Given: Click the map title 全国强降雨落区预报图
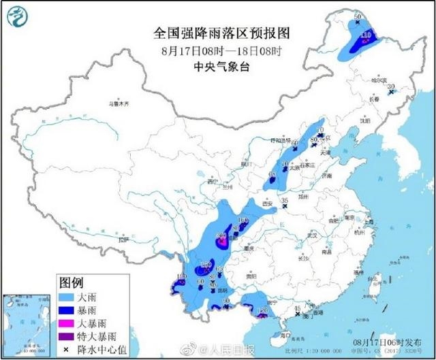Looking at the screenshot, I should click(x=217, y=33).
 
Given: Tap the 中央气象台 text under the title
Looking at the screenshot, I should click(x=217, y=66).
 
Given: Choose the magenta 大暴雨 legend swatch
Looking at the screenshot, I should click(x=68, y=323).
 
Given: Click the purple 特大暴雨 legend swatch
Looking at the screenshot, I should click(x=68, y=336).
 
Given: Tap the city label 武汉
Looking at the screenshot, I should click(x=313, y=235).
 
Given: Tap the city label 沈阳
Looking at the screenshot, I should click(x=365, y=120).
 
